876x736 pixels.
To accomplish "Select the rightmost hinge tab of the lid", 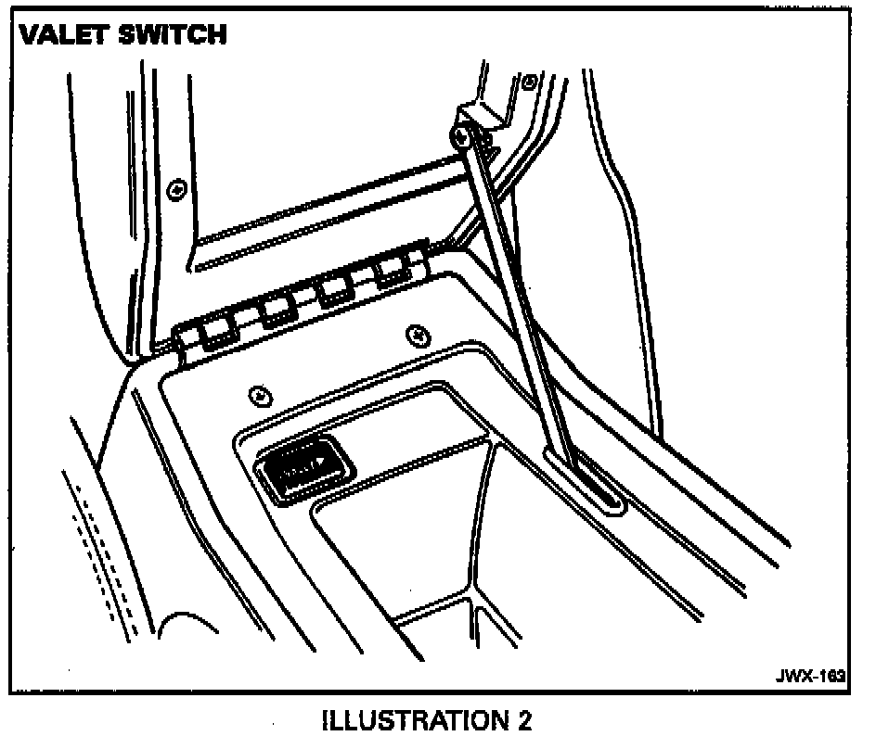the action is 393,271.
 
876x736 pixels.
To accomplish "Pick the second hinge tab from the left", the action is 276,311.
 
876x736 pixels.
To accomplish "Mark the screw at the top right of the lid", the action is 528,82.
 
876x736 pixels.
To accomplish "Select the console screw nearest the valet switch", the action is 261,396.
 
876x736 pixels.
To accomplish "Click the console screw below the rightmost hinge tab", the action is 418,333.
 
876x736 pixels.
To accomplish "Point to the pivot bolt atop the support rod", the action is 461,137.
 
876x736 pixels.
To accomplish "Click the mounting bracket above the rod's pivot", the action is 483,117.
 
